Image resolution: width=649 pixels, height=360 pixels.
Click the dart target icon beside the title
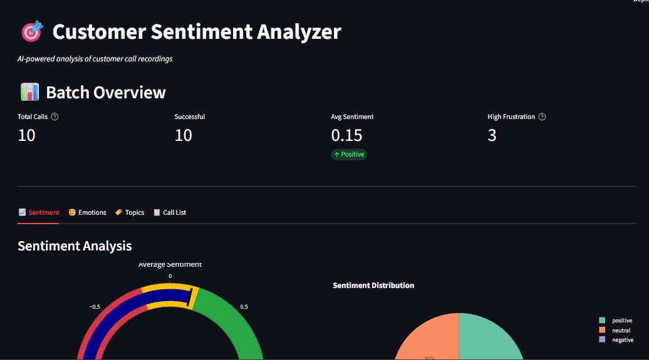[x=31, y=31]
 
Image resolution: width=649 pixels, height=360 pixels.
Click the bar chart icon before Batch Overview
[x=29, y=93]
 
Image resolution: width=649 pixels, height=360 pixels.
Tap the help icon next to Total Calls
[x=55, y=117]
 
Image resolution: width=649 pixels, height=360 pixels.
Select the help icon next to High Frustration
[x=542, y=117]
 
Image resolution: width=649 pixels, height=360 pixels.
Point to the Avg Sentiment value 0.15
[x=346, y=135]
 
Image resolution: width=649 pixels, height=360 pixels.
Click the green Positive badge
[x=349, y=154]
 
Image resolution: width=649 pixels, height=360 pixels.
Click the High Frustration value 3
[x=492, y=135]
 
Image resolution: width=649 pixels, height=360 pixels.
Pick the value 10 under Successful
[x=183, y=135]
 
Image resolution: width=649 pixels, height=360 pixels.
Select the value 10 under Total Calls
[x=26, y=135]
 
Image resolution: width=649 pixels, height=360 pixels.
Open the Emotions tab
[x=87, y=213]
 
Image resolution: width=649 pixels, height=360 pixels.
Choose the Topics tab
[x=130, y=213]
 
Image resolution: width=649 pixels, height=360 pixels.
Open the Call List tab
[x=170, y=213]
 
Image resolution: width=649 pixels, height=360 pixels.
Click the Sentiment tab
[x=39, y=213]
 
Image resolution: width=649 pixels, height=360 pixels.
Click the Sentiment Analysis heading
[x=75, y=245]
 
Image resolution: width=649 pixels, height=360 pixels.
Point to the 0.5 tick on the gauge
[x=244, y=307]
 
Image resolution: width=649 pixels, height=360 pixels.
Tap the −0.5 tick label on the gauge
[x=95, y=307]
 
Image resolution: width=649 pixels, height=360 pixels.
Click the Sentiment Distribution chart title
[x=373, y=285]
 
